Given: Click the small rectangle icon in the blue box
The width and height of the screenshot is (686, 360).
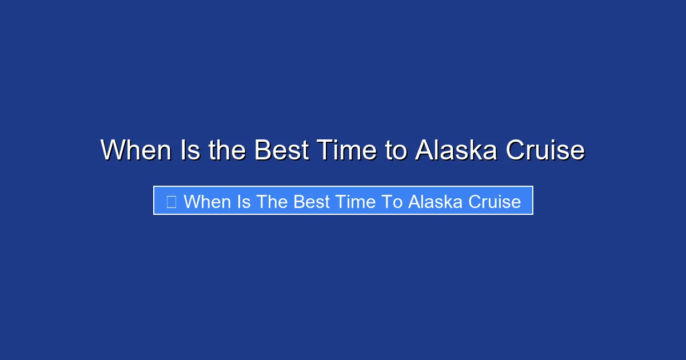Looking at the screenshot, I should [x=171, y=201].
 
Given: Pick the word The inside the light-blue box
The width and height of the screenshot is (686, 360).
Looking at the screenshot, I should [x=272, y=202].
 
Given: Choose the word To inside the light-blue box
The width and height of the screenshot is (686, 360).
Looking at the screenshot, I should [x=392, y=202].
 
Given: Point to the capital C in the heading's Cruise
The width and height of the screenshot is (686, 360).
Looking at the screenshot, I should [x=516, y=150].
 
